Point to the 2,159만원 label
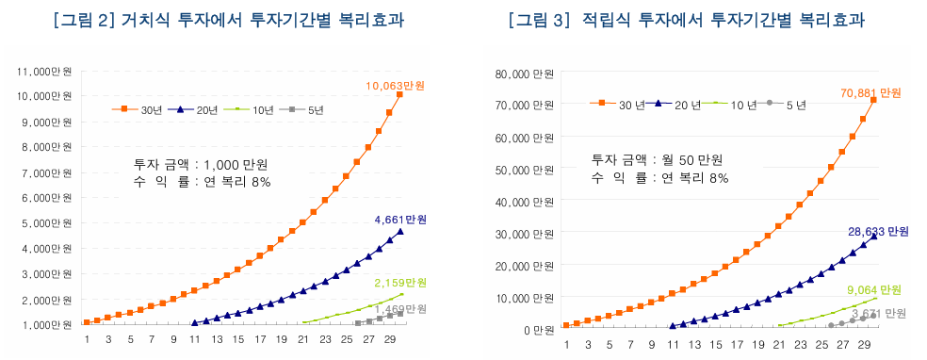click(399, 283)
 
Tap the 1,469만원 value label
click(400, 309)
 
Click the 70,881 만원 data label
click(870, 93)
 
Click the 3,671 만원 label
click(875, 313)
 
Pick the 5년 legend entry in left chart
click(316, 110)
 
